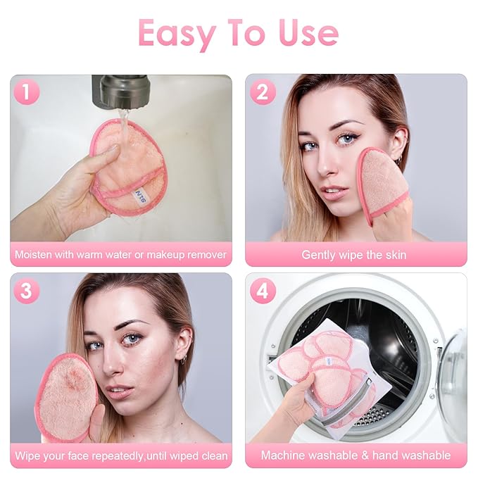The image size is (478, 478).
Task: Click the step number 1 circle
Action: pyautogui.click(x=26, y=92)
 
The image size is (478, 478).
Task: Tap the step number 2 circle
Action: pyautogui.click(x=263, y=92)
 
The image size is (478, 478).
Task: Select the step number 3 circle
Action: pyautogui.click(x=26, y=291)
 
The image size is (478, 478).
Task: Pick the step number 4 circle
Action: pyautogui.click(x=263, y=291)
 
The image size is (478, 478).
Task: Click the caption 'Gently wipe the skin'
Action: pyautogui.click(x=354, y=255)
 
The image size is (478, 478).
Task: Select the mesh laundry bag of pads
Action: pyautogui.click(x=331, y=377)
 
